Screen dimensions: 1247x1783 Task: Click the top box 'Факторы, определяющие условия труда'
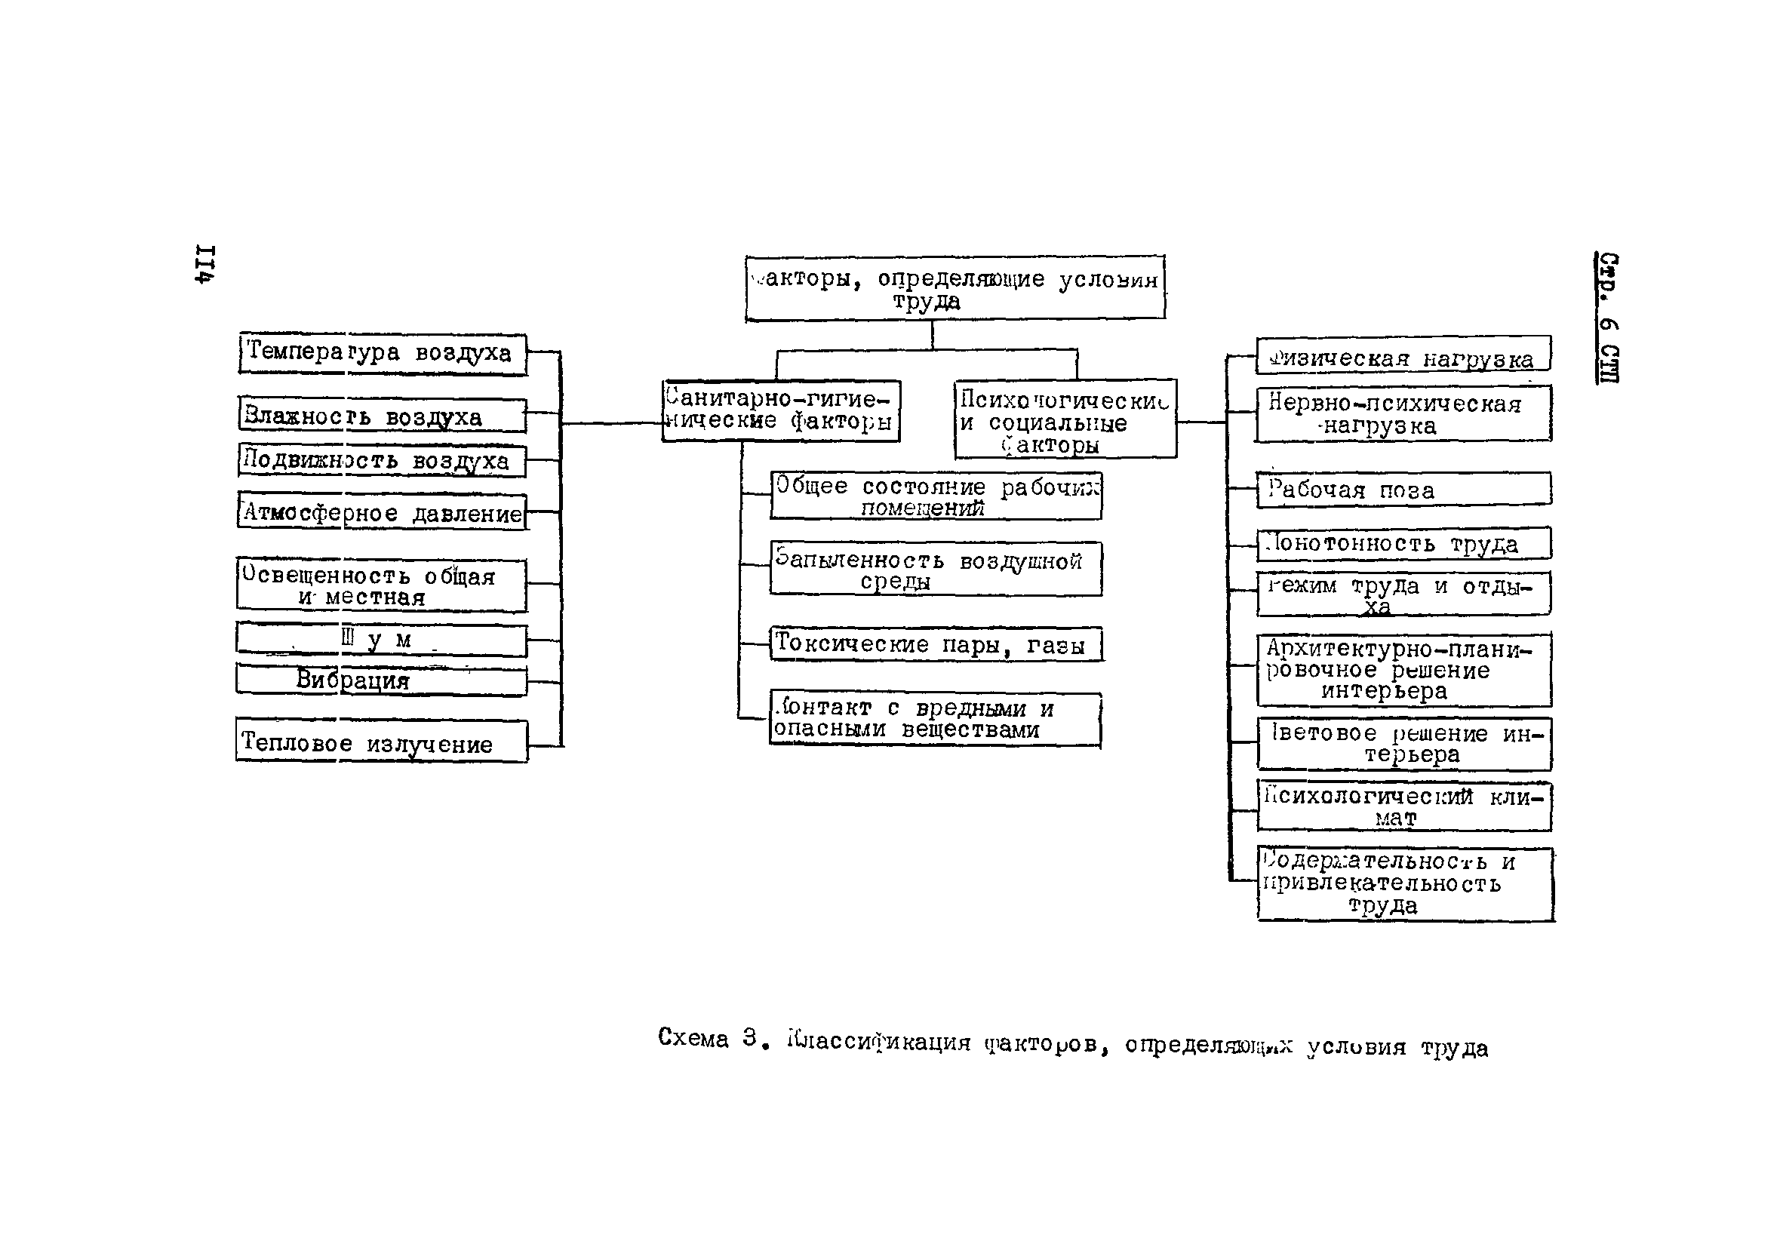(x=955, y=288)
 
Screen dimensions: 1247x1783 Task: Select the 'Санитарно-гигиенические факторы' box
(x=780, y=410)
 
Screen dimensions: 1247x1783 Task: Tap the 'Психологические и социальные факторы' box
(x=1065, y=419)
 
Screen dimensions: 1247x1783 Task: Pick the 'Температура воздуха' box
(x=382, y=353)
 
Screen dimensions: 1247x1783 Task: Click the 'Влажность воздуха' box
(x=382, y=416)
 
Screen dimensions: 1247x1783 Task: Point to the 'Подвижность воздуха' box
(x=382, y=460)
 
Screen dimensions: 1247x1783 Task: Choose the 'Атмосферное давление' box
(x=382, y=511)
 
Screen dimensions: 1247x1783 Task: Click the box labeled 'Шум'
(x=381, y=640)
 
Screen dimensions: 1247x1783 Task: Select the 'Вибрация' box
(x=381, y=680)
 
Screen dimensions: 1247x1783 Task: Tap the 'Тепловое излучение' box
(x=381, y=742)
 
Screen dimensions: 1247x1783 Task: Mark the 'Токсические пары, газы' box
(x=935, y=643)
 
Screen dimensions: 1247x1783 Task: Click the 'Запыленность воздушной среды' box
(x=935, y=568)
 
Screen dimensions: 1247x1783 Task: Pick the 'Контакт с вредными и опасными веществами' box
(x=935, y=718)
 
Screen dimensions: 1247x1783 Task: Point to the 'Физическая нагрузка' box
(x=1403, y=355)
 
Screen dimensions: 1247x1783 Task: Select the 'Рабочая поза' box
(x=1403, y=489)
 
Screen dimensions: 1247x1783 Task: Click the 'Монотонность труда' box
(x=1403, y=542)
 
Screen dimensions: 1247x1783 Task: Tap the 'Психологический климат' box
(x=1404, y=806)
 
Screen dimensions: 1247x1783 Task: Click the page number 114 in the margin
(x=205, y=265)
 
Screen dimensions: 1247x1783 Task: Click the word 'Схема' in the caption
(x=693, y=1038)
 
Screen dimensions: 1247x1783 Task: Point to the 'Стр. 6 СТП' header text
(x=1607, y=318)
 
